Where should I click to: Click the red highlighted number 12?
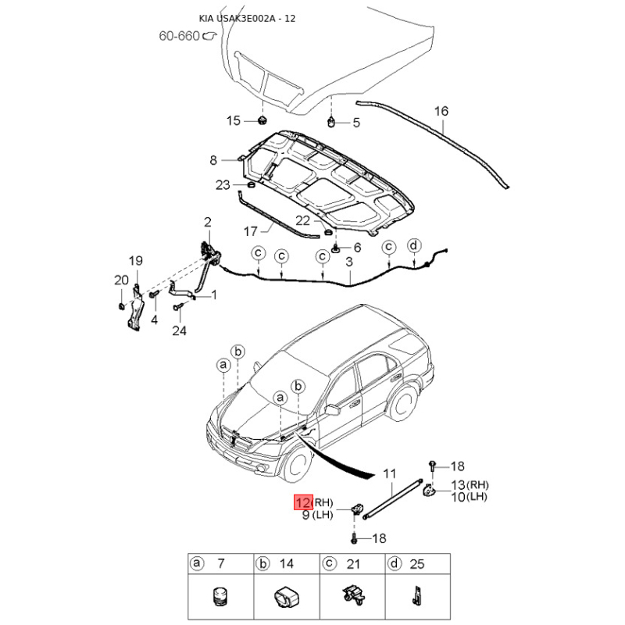[303, 502]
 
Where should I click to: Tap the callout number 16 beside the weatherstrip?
[441, 111]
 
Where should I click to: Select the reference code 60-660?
[179, 36]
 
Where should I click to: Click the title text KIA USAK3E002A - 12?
[247, 18]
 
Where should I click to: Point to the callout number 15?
[234, 120]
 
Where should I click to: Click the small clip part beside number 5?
[331, 122]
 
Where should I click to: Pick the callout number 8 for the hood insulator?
[213, 160]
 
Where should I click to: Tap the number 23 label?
[223, 184]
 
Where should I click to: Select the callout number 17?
[250, 231]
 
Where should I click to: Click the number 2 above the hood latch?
[207, 222]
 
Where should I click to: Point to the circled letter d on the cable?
[414, 245]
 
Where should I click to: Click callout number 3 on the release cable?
[349, 262]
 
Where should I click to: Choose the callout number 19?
[135, 261]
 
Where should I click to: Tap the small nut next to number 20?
[121, 306]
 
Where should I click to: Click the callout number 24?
[180, 330]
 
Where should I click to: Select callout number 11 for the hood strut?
[389, 473]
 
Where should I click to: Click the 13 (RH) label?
[470, 485]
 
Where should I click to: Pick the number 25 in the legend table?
[417, 564]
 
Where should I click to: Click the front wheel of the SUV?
[297, 463]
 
